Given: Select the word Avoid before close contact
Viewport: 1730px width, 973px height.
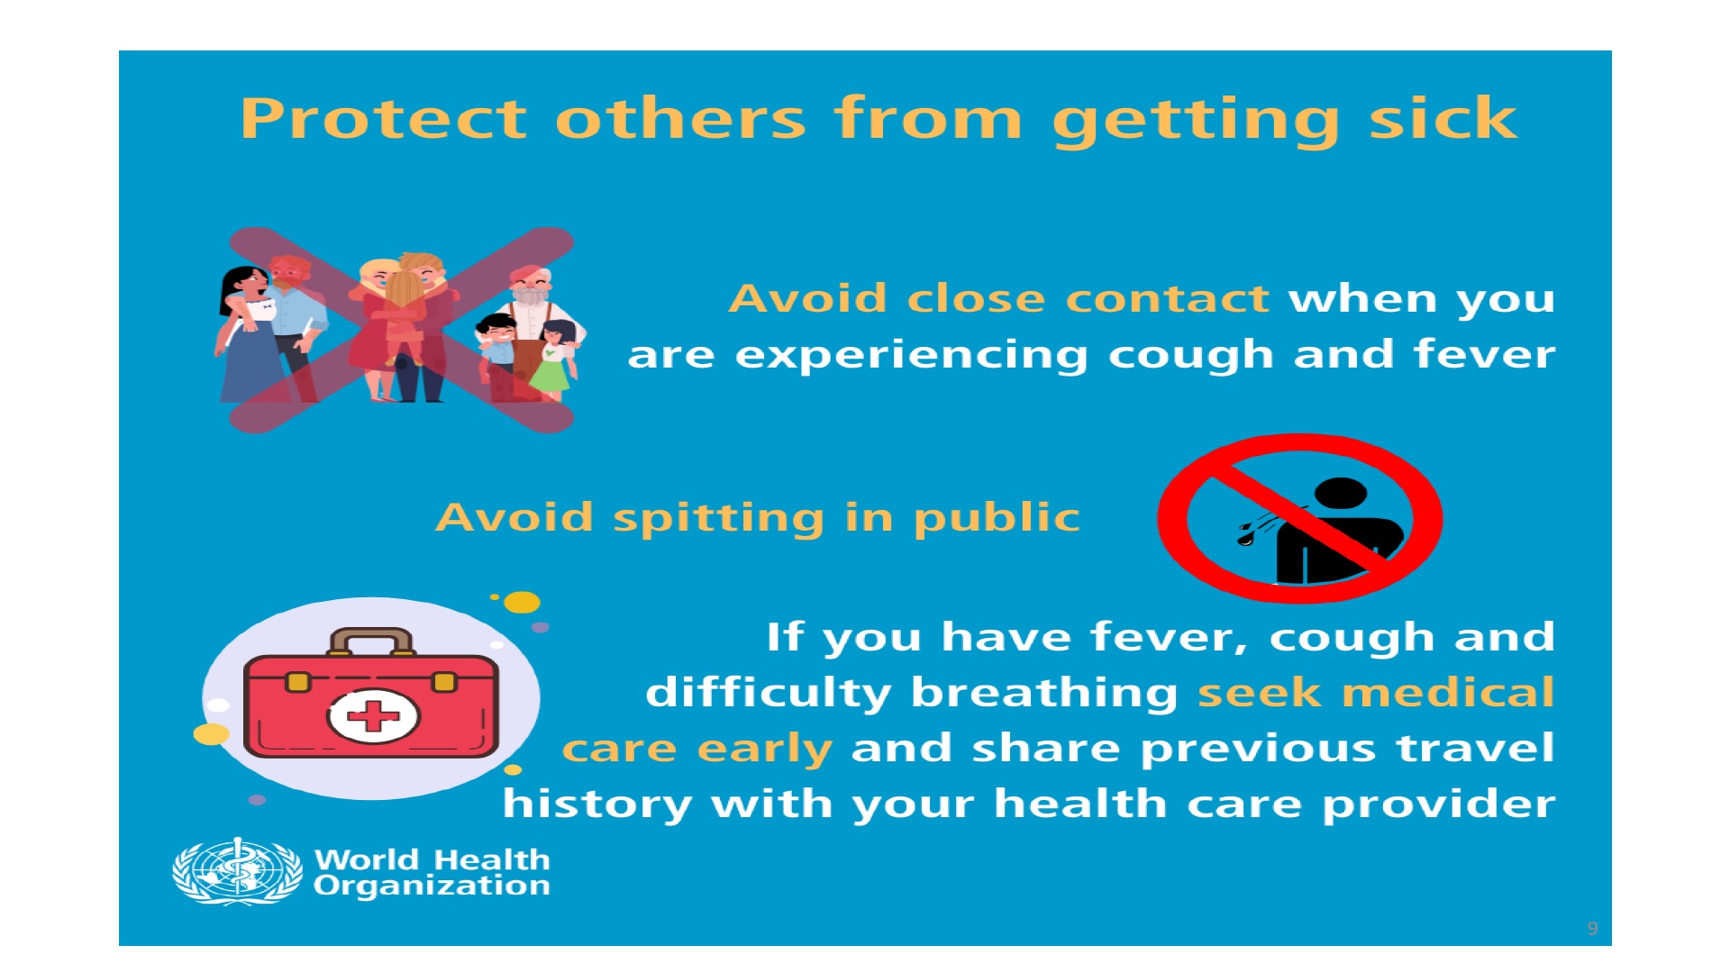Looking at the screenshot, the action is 808,298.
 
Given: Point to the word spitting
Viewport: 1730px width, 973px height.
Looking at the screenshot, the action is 719,519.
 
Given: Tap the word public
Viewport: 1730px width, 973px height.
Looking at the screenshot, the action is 997,519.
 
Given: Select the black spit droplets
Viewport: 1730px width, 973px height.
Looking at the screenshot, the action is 1246,534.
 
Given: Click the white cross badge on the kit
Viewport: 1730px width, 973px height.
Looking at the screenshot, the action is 373,717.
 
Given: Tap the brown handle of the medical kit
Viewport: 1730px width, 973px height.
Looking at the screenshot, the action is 371,641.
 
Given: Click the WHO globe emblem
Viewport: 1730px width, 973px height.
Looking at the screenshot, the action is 238,871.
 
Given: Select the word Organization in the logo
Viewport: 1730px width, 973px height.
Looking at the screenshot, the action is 432,886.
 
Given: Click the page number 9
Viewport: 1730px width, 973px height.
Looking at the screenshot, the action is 1592,929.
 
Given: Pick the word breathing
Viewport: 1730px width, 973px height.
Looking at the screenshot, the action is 1044,694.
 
